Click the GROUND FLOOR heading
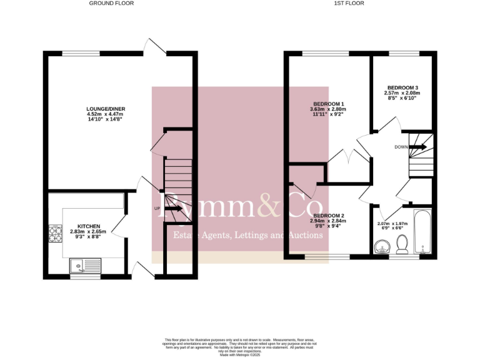tap(111, 3)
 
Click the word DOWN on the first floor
tap(402, 147)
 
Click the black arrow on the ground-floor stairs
tap(175, 209)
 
